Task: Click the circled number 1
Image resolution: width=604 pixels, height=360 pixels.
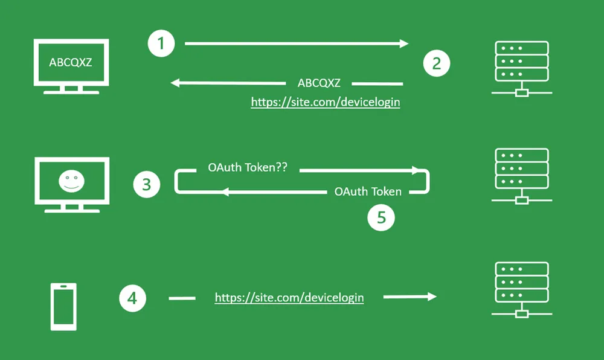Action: [x=161, y=43]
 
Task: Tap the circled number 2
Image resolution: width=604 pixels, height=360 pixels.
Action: [x=437, y=63]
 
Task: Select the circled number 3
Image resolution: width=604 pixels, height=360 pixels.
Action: [x=147, y=184]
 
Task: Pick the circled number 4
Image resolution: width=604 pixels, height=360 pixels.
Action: [x=132, y=298]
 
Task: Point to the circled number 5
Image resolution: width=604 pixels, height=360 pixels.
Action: [x=381, y=217]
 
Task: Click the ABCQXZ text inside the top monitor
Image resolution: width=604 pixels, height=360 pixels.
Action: [x=71, y=62]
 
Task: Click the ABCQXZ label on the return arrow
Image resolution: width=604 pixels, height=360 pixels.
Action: [x=319, y=83]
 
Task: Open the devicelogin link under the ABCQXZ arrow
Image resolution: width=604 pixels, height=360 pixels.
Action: [x=326, y=102]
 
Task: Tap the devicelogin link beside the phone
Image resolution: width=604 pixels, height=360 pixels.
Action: [x=289, y=297]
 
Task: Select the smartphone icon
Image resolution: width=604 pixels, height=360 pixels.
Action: [x=64, y=307]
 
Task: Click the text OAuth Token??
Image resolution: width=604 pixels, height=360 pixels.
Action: [x=248, y=168]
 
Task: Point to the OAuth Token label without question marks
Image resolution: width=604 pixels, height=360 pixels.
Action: [x=368, y=191]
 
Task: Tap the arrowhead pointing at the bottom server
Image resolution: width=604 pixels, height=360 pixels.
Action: [x=431, y=297]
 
